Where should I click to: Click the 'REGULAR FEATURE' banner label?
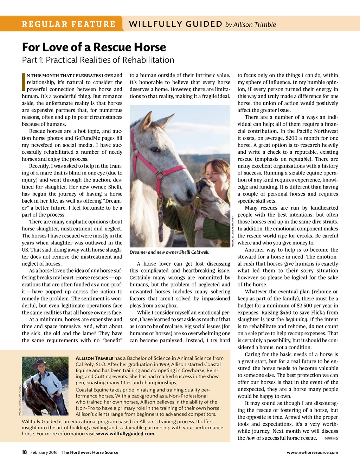coord(69,24)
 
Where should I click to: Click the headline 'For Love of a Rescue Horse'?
coord(94,47)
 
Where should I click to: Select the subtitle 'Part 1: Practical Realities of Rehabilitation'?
coord(98,60)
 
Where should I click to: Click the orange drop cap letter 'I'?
coord(24,82)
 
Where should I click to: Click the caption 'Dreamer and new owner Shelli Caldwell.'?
coord(169,252)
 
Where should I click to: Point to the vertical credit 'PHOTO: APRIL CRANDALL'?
coord(20,400)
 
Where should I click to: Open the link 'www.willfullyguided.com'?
coord(125,434)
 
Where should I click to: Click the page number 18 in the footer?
coord(24,452)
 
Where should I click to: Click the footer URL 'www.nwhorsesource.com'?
coord(312,452)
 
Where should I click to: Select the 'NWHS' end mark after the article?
coord(331,438)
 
